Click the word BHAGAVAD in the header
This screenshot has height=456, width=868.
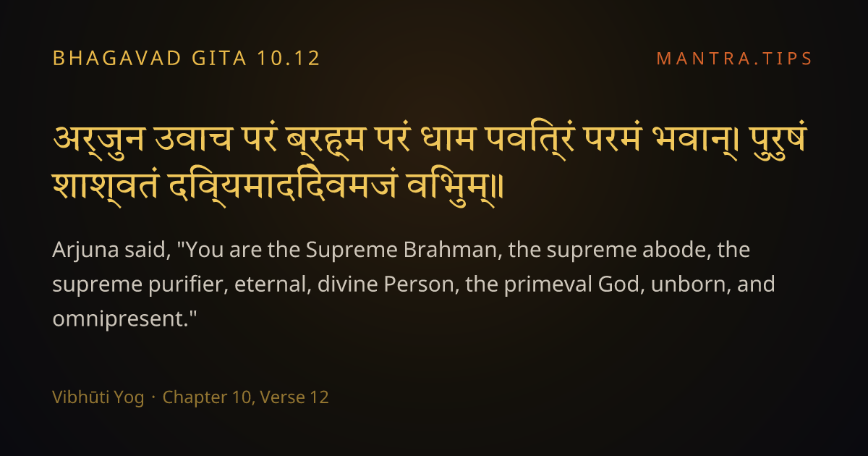click(x=117, y=58)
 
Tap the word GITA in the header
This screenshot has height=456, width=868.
click(x=219, y=58)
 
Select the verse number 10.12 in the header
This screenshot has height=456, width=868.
click(x=289, y=58)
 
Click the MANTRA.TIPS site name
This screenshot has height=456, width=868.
click(x=734, y=59)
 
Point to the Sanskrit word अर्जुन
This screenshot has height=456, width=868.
click(x=98, y=140)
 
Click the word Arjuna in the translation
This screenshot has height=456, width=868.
click(x=85, y=250)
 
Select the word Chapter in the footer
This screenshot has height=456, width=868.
click(x=195, y=398)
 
